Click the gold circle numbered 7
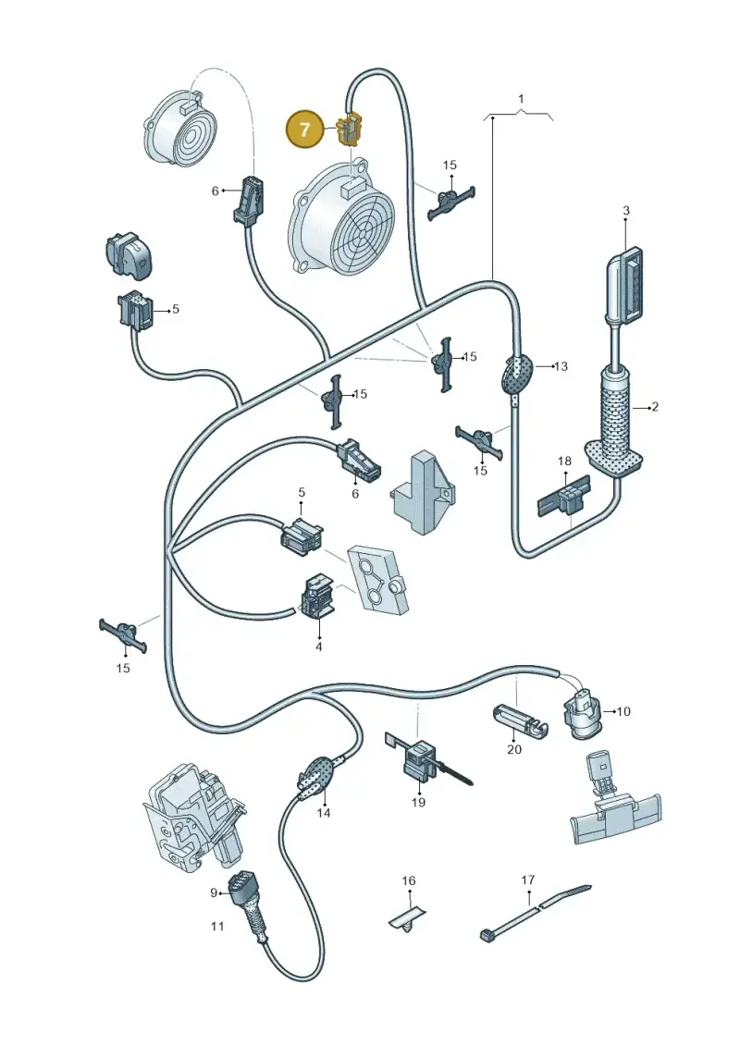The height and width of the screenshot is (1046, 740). click(305, 129)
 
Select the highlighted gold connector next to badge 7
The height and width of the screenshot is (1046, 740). click(351, 129)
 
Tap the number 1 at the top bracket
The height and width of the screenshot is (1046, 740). click(521, 99)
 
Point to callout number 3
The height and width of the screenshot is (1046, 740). click(626, 211)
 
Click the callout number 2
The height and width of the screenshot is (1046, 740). click(655, 406)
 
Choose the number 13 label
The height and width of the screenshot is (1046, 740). click(561, 366)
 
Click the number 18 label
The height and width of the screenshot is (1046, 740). click(564, 461)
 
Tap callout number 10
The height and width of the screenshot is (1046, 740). click(623, 712)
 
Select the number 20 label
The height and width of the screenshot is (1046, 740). click(513, 749)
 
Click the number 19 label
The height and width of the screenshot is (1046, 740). click(418, 802)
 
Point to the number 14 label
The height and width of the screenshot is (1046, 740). click(324, 813)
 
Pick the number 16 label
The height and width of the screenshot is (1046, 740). click(408, 880)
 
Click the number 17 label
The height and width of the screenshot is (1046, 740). click(528, 880)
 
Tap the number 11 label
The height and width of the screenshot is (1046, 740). click(217, 926)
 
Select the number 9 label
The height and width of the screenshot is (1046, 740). click(215, 892)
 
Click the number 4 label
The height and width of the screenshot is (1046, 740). click(318, 646)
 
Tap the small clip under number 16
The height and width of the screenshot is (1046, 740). click(406, 917)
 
